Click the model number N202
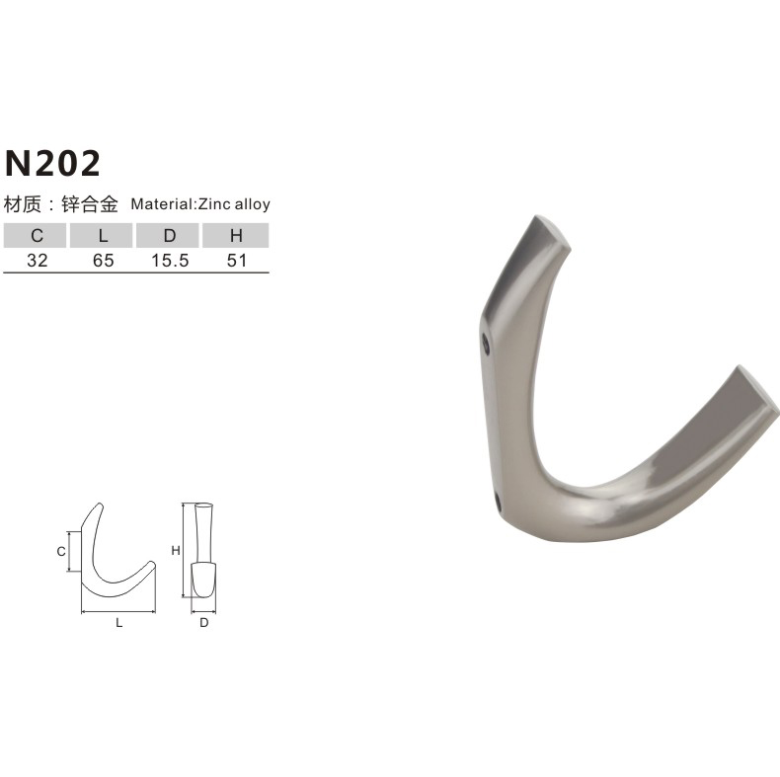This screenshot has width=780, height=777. click(x=53, y=162)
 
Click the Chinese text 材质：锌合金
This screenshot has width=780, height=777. click(x=61, y=205)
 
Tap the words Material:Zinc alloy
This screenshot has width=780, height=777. click(x=200, y=205)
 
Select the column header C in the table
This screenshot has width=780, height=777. click(x=36, y=236)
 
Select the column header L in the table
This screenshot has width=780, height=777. click(x=103, y=236)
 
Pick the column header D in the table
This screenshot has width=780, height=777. click(x=169, y=236)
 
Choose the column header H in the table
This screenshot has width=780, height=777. click(x=236, y=236)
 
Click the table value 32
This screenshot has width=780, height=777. click(x=36, y=261)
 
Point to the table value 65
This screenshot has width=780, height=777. click(x=103, y=261)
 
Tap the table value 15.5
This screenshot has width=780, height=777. click(x=169, y=261)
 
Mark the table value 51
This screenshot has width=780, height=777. click(x=236, y=261)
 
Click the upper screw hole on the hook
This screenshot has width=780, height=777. click(x=485, y=345)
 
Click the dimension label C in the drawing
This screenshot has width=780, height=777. click(x=60, y=551)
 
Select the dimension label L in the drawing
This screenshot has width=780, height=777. click(x=118, y=623)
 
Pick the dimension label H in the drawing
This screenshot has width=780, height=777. click(x=175, y=550)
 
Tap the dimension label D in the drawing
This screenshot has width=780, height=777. click(x=203, y=623)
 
